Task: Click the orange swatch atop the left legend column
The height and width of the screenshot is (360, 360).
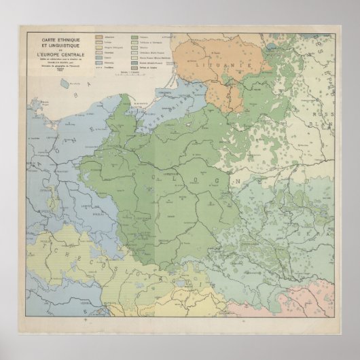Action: [100, 33]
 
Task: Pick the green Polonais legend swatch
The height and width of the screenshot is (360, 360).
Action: [133, 33]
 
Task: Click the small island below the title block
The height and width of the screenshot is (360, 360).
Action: [65, 83]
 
